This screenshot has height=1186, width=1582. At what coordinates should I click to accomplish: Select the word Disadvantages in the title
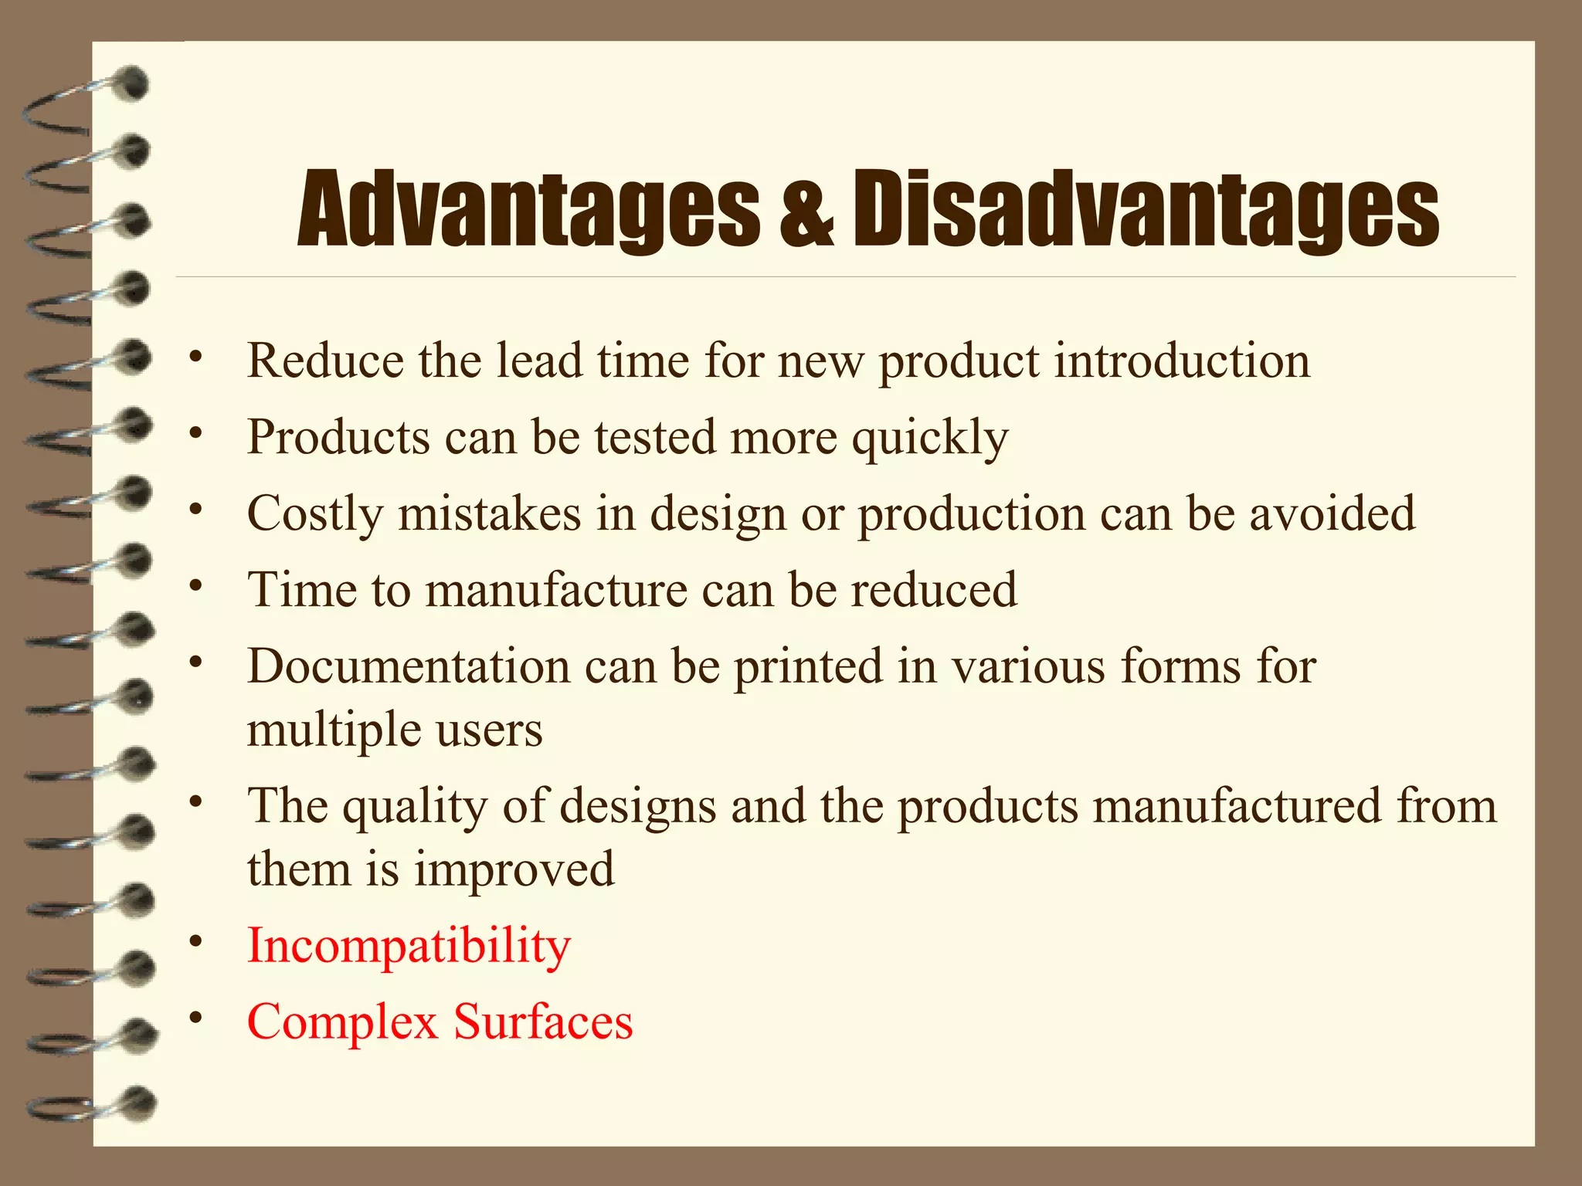[1145, 210]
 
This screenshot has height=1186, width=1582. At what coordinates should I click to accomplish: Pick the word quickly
[930, 438]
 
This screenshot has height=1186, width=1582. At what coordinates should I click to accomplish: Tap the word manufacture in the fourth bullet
[556, 590]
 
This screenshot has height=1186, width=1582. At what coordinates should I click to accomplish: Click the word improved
[514, 869]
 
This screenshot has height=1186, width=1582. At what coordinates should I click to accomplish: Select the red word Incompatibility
[409, 946]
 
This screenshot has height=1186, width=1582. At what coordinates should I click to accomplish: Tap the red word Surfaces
[543, 1022]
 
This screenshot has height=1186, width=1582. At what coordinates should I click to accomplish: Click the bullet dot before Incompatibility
[197, 941]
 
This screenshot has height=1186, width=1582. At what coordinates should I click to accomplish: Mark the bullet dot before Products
[197, 432]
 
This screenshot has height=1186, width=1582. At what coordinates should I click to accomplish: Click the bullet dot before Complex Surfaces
[197, 1017]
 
